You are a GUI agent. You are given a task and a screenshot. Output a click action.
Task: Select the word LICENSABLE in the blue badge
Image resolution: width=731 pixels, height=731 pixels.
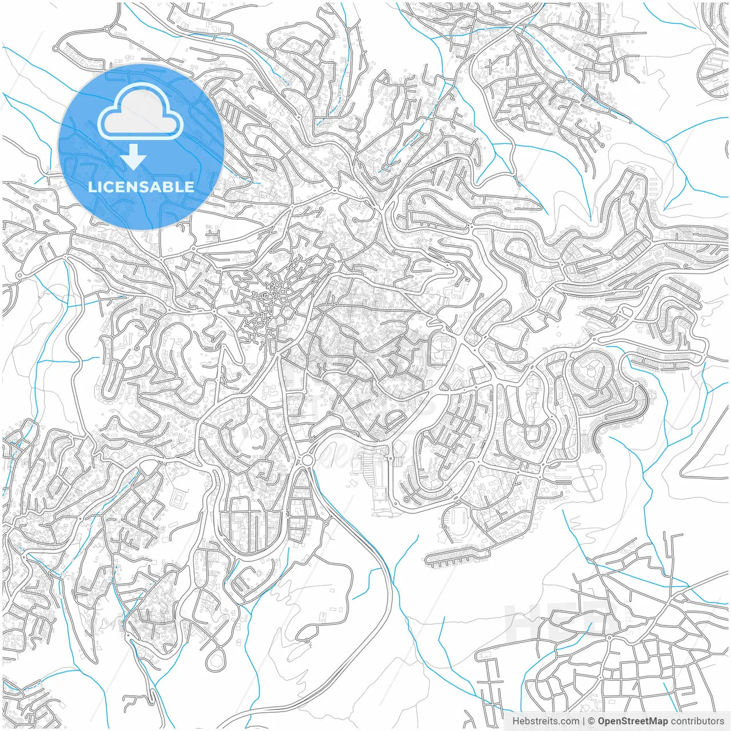coord(140,187)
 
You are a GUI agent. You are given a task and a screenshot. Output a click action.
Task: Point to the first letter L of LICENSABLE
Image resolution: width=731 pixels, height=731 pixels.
coord(91,187)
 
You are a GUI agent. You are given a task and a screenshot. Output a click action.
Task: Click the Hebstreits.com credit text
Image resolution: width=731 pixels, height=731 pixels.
coord(545,721)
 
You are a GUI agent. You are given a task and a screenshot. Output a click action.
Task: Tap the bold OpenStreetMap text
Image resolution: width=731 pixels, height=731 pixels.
coord(632,721)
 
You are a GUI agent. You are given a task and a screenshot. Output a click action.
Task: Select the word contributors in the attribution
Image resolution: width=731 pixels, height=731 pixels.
coord(697,721)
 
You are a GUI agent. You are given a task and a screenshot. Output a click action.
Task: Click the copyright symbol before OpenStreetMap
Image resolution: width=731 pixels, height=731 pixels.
coord(592,721)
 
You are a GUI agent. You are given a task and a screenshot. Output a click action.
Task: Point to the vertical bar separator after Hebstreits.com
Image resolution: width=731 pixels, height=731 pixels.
coord(584,721)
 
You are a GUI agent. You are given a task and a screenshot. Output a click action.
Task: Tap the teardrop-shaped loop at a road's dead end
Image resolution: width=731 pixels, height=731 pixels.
coord(216,660)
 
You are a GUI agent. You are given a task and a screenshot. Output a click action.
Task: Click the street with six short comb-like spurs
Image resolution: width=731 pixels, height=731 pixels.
coord(454,555)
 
